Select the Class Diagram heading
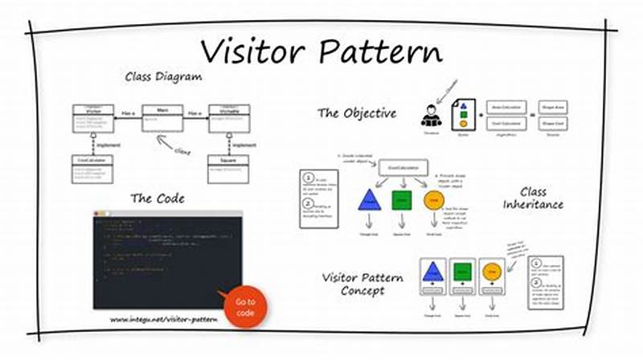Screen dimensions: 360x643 coord(163,77)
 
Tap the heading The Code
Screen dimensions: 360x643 coord(158,198)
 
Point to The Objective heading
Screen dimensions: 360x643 coord(356,112)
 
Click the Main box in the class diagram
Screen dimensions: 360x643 coord(162,117)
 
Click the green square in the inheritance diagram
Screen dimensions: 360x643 coord(401,200)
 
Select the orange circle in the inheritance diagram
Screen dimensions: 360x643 coord(433,200)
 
